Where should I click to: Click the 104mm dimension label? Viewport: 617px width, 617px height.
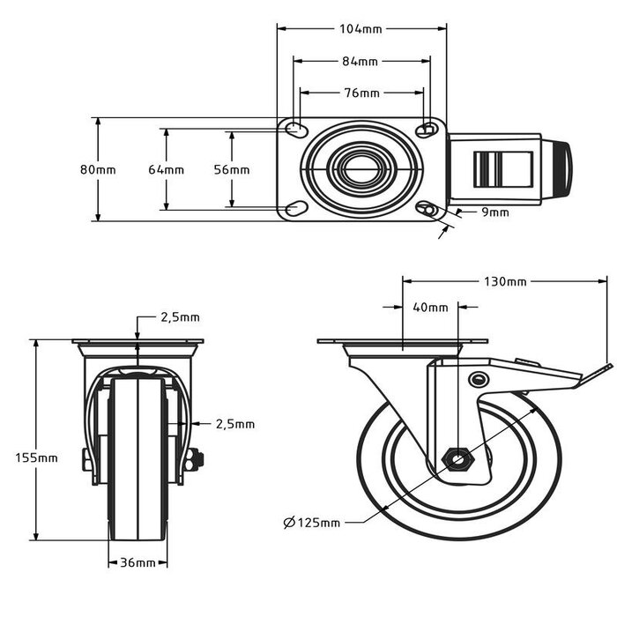click(361, 28)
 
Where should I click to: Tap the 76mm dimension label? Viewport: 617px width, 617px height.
click(361, 93)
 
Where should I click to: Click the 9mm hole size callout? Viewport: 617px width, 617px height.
click(494, 212)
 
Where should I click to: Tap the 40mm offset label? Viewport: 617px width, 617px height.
click(430, 308)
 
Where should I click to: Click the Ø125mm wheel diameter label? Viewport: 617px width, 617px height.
click(312, 523)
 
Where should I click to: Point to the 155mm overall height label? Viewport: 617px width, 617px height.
click(36, 457)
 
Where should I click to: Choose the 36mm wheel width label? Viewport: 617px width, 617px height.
click(138, 562)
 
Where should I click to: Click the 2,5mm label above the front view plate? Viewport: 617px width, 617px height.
click(180, 317)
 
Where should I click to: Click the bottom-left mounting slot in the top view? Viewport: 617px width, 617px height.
click(296, 209)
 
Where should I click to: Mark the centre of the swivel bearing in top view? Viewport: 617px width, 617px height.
click(361, 169)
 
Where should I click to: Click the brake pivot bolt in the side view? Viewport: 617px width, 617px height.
click(479, 380)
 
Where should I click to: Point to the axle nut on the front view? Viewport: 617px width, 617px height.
click(195, 457)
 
